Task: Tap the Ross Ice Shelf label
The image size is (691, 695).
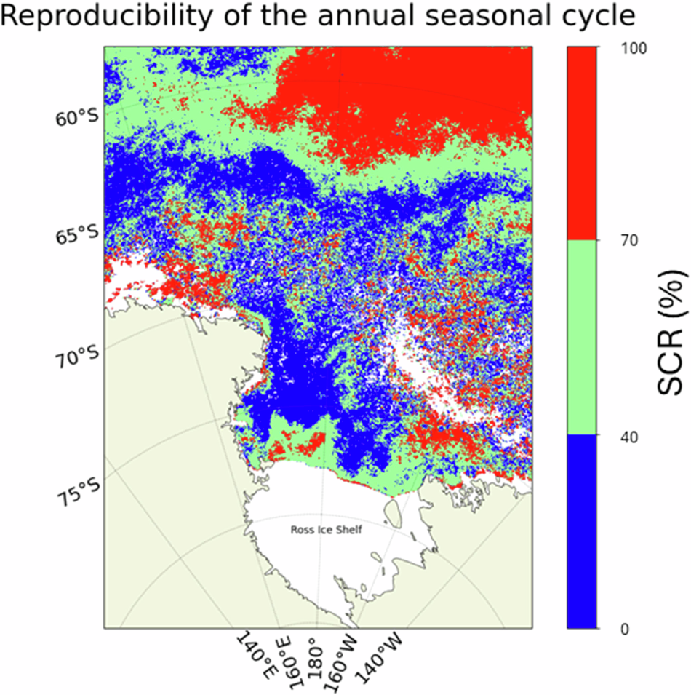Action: [x=326, y=530]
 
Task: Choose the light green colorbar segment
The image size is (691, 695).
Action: [x=582, y=338]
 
